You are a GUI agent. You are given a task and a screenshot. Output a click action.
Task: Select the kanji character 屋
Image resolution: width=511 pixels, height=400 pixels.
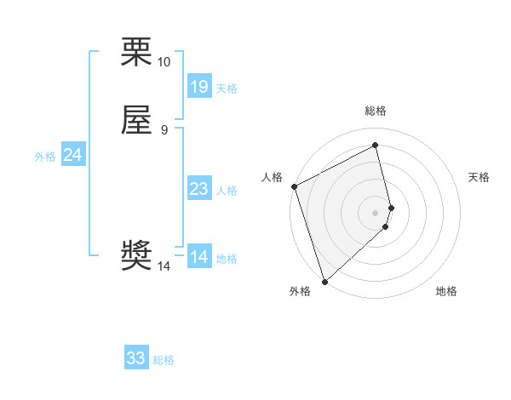(136, 121)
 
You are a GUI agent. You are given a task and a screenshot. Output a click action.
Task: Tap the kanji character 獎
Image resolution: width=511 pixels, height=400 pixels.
(136, 256)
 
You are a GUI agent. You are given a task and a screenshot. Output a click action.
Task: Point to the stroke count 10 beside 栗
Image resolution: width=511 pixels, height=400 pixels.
(164, 62)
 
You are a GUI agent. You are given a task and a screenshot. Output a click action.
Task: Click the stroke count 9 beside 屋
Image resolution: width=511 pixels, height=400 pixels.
(164, 130)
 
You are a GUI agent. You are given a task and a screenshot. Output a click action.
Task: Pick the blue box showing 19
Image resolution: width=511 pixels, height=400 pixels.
(198, 87)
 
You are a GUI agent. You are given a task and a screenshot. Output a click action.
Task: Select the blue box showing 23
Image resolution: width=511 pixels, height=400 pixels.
(198, 189)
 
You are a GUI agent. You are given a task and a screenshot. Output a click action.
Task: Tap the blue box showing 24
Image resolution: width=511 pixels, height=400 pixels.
(73, 155)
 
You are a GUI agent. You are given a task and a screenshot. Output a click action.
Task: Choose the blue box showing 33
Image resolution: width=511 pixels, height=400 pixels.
(136, 358)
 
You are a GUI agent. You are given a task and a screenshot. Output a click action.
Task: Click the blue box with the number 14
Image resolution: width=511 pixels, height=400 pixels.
(198, 257)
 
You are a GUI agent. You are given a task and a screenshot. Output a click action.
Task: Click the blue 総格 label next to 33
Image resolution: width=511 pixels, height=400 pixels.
(164, 360)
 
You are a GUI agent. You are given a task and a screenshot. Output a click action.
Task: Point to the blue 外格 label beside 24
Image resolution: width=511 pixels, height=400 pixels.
(45, 157)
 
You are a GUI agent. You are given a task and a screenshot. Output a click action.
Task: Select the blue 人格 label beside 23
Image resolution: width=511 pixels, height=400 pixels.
(227, 191)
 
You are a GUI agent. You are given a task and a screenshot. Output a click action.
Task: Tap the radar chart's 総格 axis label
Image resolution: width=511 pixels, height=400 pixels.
(376, 111)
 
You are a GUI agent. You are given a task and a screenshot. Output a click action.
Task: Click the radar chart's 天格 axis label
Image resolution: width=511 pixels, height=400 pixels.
(479, 177)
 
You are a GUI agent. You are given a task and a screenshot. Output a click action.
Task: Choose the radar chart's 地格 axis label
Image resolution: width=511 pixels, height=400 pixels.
(446, 291)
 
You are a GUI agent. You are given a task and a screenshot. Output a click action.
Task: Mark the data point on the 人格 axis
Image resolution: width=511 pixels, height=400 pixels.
(294, 186)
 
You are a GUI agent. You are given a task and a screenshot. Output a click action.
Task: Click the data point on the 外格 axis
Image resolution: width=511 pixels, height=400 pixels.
(324, 281)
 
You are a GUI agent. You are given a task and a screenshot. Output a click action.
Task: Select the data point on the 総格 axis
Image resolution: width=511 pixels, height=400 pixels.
(376, 146)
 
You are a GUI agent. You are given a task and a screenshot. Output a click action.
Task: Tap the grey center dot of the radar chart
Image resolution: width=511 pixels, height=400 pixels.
(376, 212)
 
